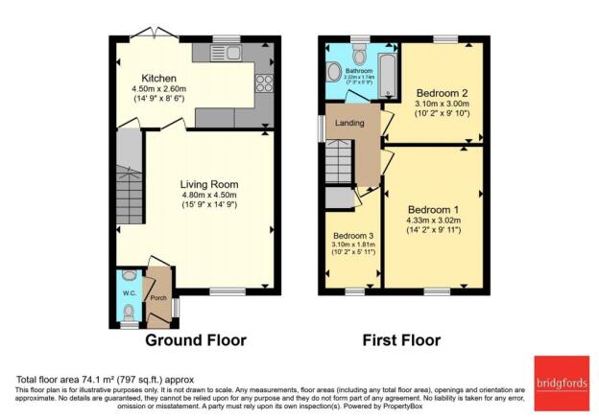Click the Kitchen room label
coord(159,79)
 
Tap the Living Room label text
coord(209,185)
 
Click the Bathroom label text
coord(359,70)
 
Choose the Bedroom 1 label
coord(433,210)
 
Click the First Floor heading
coord(400,340)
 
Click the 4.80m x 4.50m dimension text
coord(209,198)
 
